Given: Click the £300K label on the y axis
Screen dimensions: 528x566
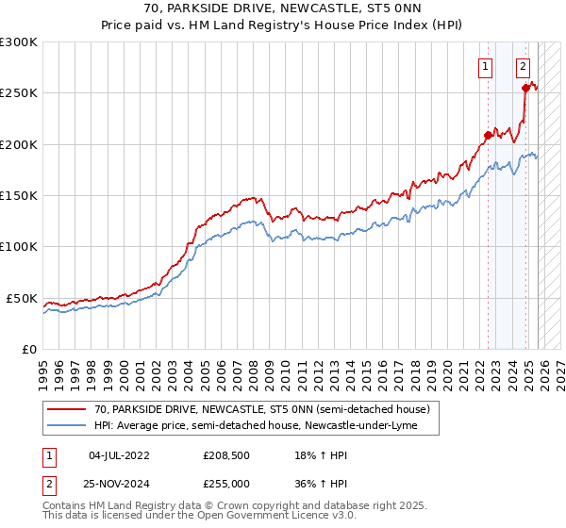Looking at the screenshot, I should (x=19, y=42).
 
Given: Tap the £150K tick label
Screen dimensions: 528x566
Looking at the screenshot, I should (x=19, y=196).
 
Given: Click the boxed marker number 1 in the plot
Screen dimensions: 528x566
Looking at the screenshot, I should (x=485, y=66).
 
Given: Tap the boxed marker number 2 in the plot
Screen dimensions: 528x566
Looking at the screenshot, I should (x=523, y=66).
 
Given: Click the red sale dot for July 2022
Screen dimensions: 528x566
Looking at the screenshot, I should (x=488, y=135).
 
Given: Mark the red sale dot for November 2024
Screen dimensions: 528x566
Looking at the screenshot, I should (x=525, y=88).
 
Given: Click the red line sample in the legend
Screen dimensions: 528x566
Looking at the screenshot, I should (x=66, y=409).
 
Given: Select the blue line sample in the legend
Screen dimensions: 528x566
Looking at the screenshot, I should (x=66, y=426).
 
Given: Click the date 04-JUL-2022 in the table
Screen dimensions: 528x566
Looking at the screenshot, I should (x=120, y=455).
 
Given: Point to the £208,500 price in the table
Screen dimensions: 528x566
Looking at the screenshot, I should (x=226, y=455).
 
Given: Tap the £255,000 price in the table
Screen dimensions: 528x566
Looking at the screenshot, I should (x=226, y=485).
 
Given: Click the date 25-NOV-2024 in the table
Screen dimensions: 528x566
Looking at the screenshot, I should (x=120, y=485).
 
